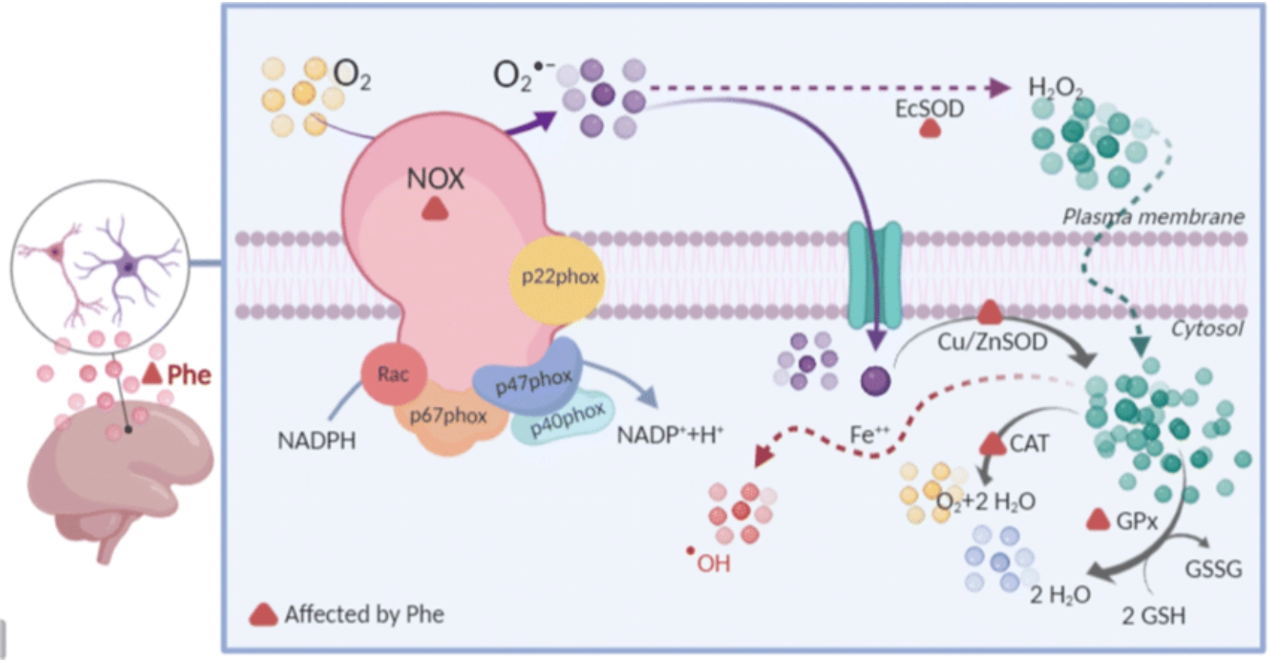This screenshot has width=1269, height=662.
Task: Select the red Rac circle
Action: click(393, 374)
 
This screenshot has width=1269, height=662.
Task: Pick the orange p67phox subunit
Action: click(448, 418)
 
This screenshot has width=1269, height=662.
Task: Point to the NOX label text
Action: click(436, 179)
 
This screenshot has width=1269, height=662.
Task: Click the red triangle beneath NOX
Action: click(435, 209)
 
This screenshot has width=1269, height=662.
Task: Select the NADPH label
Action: click(316, 441)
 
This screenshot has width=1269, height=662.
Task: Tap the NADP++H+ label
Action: click(669, 435)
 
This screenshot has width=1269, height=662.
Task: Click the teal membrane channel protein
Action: click(875, 275)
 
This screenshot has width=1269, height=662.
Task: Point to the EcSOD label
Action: click(929, 109)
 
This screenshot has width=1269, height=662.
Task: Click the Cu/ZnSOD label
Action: click(992, 342)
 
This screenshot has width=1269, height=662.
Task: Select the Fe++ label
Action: click(869, 435)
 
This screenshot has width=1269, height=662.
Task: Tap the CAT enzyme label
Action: click(1029, 444)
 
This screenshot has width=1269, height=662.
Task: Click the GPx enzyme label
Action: click(1137, 521)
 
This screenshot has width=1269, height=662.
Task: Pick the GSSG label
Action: click(1213, 570)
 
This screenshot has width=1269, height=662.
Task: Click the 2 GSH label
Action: click(1153, 616)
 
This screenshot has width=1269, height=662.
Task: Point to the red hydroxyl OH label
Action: click(712, 563)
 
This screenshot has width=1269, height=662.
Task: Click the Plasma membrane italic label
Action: click(1153, 217)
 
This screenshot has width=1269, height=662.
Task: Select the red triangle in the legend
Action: click(263, 615)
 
